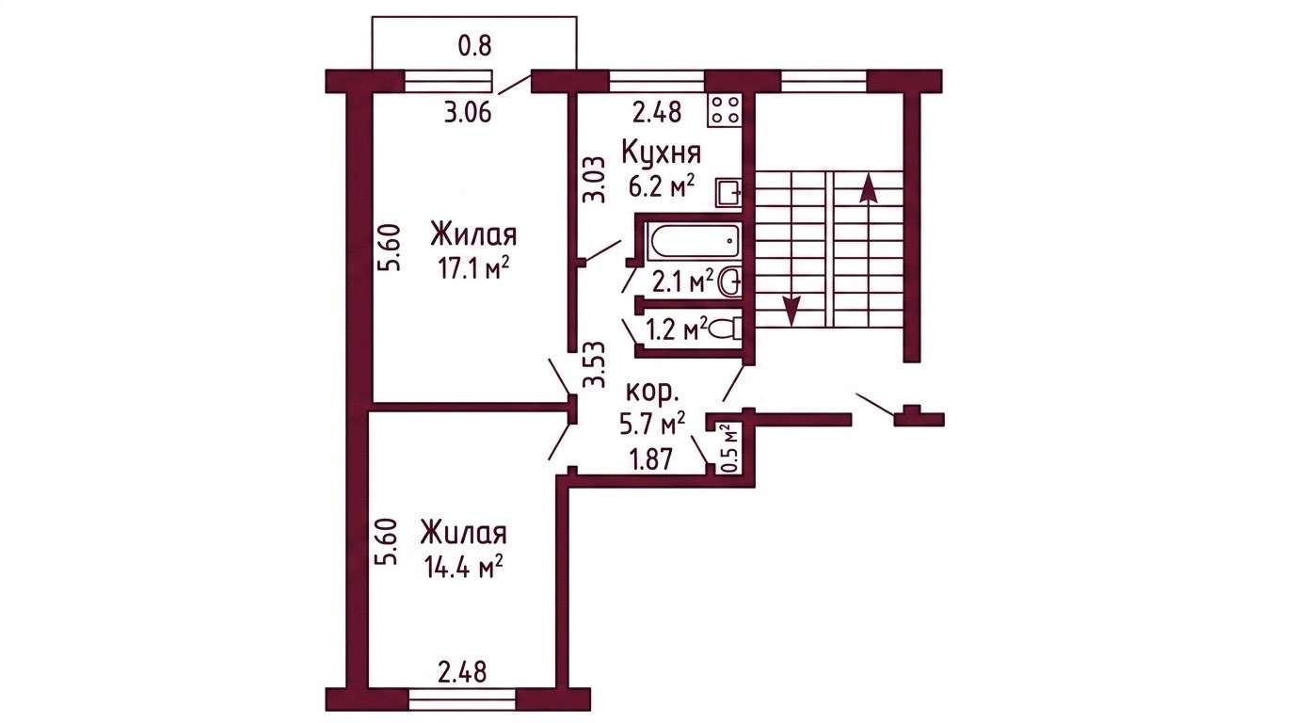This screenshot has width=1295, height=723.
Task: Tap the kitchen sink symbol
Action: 728,193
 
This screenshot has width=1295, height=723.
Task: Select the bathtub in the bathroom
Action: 695,242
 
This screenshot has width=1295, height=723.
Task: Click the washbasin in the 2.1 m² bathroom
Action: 729,282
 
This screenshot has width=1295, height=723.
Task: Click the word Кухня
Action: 662,153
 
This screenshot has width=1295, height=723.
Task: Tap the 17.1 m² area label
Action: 473,268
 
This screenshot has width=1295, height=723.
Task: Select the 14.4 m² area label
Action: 462,567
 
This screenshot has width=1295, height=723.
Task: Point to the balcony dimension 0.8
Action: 474,46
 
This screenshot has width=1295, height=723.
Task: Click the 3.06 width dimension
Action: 468,113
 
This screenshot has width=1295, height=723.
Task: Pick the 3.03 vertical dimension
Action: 595,179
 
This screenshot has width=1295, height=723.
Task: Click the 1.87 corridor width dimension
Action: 652,459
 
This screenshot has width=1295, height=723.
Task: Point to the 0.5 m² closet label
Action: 729,448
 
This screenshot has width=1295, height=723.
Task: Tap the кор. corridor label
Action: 653,394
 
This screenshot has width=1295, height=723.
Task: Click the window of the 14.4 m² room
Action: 462,699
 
